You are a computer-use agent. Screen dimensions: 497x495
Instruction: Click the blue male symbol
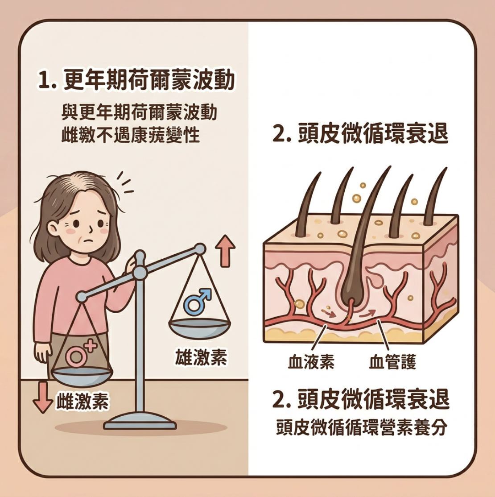pos(197,300)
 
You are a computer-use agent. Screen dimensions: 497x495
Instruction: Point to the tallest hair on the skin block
pos(370,210)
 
